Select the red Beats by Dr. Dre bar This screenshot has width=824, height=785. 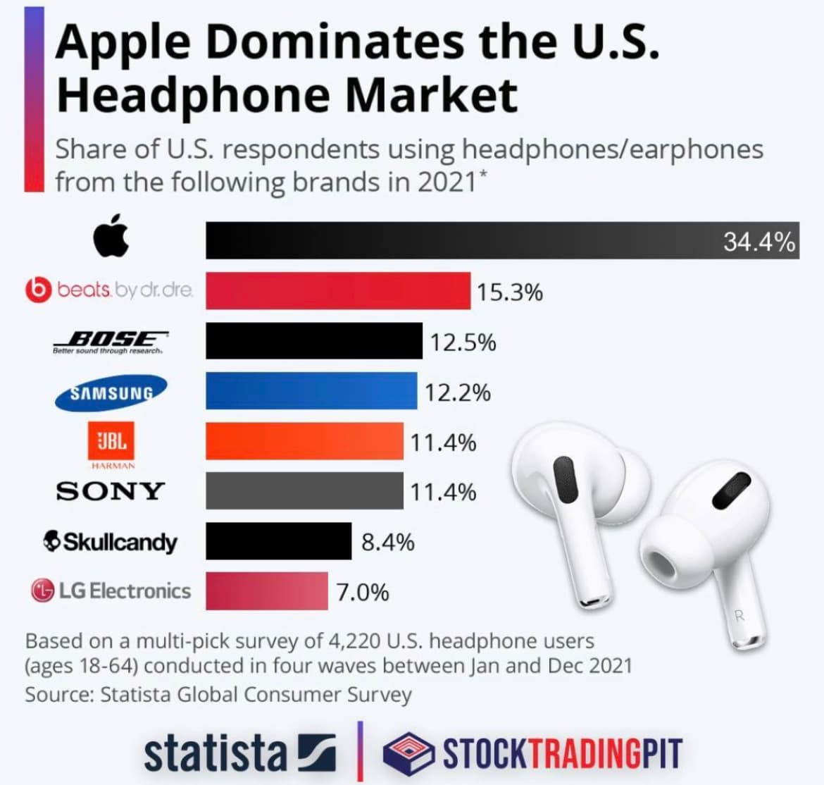click(338, 290)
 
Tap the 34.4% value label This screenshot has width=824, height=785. click(759, 242)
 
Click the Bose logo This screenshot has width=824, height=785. click(111, 340)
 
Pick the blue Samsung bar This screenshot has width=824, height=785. click(311, 391)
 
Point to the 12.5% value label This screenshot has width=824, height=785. click(463, 342)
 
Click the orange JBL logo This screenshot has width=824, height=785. click(111, 442)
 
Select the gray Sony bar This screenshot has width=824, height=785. click(304, 490)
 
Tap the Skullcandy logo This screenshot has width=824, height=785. click(110, 541)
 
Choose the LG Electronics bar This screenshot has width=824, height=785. click(267, 591)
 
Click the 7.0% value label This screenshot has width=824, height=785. click(362, 592)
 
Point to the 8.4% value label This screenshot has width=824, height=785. click(387, 542)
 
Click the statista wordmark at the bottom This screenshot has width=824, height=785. click(216, 753)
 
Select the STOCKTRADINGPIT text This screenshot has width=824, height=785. click(562, 753)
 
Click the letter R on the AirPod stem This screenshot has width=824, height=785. click(739, 615)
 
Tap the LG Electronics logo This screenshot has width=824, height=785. click(111, 591)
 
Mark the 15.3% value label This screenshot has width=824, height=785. click(509, 292)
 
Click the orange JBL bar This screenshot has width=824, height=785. click(304, 441)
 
